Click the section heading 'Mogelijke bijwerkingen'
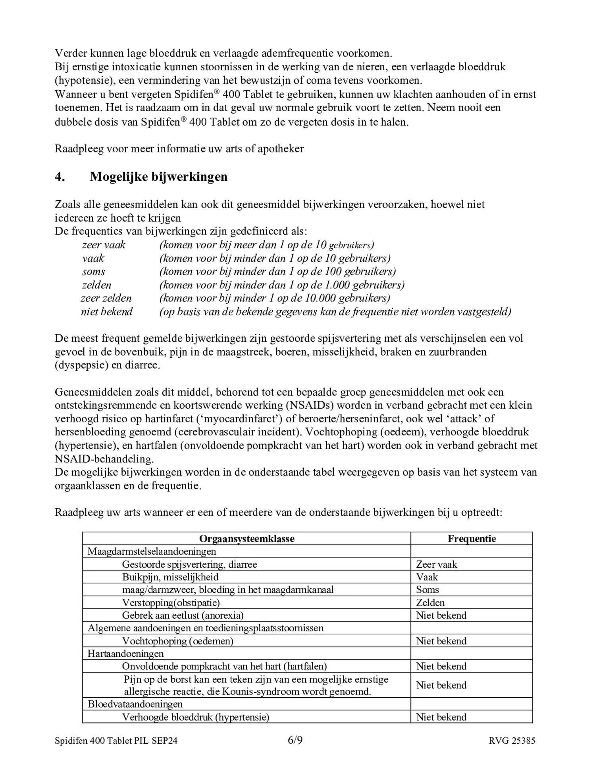pos(158,177)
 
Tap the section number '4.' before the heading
pos(60,177)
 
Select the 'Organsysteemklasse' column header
pos(246,539)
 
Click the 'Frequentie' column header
pos(472,539)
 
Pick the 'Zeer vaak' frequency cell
pos(437,564)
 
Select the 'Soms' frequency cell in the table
pos(427,590)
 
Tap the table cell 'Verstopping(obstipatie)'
pos(171,603)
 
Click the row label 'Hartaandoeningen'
pos(125,654)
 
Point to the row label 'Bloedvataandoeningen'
pos(135,704)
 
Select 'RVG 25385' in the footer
pos(512,741)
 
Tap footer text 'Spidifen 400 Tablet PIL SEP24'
pos(116,741)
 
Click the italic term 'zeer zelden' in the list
pos(106,298)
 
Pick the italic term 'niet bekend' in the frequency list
pos(106,311)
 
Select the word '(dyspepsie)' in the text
pos(81,365)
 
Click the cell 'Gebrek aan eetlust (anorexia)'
pos(183,615)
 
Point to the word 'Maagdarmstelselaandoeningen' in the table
pos(152,551)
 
